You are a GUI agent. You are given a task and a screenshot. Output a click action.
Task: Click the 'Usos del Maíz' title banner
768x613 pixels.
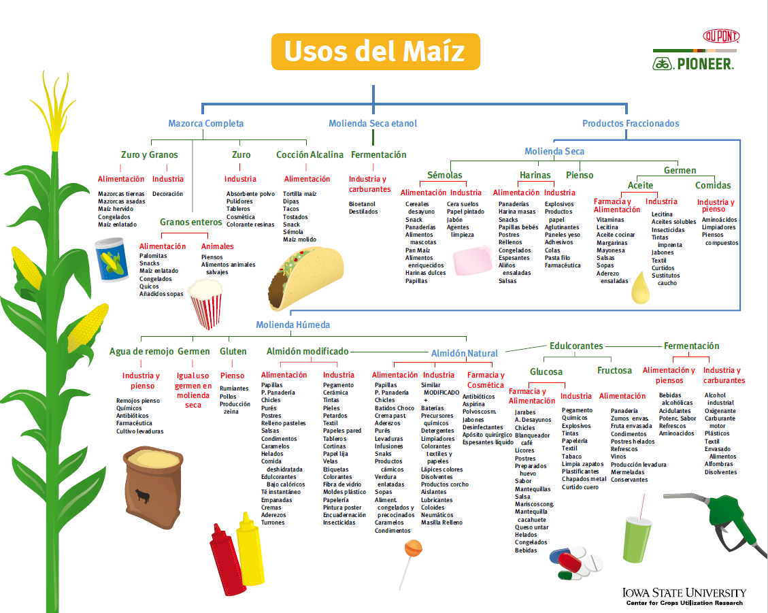point(375,52)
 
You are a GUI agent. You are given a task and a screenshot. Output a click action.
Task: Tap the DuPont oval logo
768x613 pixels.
point(720,37)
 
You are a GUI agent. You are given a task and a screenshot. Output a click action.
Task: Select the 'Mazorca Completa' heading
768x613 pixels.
point(205,124)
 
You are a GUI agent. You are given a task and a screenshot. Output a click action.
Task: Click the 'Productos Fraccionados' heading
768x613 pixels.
point(631,124)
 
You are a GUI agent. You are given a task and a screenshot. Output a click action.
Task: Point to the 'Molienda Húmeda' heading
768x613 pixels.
point(293,325)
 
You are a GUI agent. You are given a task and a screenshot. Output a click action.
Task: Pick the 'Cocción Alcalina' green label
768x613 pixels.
point(310,155)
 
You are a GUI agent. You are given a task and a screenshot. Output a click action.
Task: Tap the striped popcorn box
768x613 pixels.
point(205,303)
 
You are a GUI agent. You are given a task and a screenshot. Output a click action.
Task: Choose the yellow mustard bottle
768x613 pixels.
point(250,548)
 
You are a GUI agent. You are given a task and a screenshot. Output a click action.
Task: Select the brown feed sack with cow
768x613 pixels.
point(146,484)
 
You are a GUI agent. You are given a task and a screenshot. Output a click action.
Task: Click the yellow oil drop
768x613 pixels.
point(641,288)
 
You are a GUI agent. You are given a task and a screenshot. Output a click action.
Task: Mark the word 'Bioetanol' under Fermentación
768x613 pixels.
point(362,203)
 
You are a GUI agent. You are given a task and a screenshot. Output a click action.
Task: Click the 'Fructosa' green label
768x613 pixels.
point(614,371)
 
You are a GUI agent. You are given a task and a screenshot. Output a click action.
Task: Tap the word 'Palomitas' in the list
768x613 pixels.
point(153,256)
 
